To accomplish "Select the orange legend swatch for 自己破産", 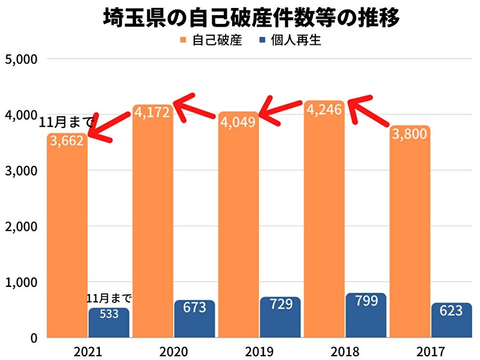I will tap(183, 40).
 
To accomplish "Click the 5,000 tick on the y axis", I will tap(20, 59).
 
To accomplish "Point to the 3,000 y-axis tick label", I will tap(20, 171).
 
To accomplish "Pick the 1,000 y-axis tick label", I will tap(20, 282).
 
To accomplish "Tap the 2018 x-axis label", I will tap(345, 351).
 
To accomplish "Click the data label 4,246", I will tap(324, 110).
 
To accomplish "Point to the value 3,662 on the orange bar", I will tap(67, 143).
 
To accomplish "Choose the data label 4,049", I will tap(238, 122).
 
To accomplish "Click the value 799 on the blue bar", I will tap(366, 301).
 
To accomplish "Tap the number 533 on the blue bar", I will tap(109, 314).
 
